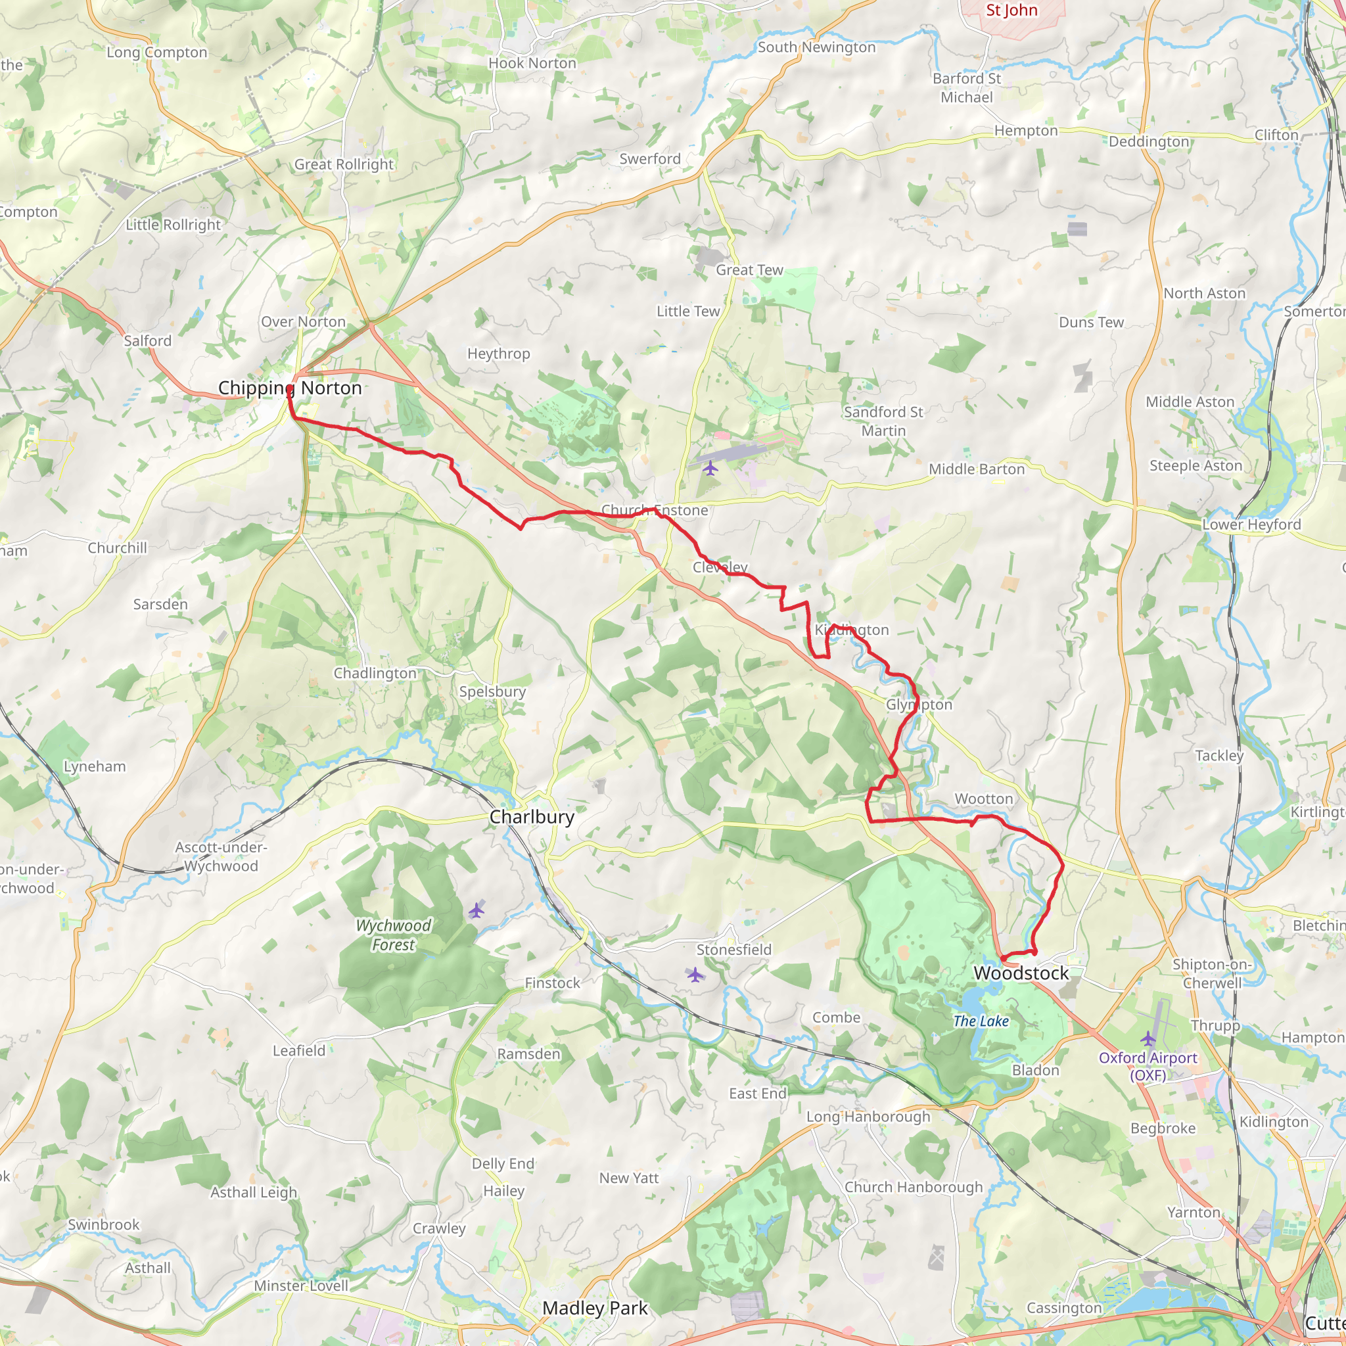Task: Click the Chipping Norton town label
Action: [x=290, y=388]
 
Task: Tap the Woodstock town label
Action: [x=1021, y=973]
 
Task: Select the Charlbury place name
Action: [x=532, y=817]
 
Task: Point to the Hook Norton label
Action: [x=532, y=63]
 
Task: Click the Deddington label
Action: [x=1149, y=142]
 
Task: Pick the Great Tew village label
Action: [x=749, y=270]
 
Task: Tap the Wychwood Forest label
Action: [x=394, y=935]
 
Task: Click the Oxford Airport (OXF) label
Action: [x=1148, y=1067]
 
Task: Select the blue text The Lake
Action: [x=981, y=1021]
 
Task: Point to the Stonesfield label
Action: [x=733, y=950]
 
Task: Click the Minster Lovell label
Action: [x=301, y=1286]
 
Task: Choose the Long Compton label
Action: [x=157, y=53]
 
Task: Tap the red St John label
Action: [x=1011, y=11]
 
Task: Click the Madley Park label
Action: [x=595, y=1309]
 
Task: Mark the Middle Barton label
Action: [x=977, y=469]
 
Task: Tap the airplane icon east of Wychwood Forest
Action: [x=476, y=910]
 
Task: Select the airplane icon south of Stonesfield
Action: [x=695, y=975]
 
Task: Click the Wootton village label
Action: [x=984, y=799]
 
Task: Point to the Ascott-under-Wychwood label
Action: [x=221, y=857]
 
